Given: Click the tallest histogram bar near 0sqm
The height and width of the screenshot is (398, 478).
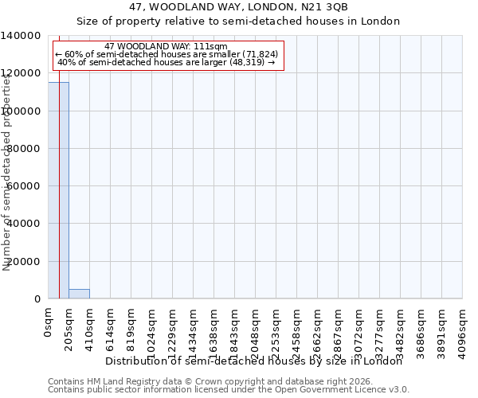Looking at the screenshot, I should pyautogui.click(x=58, y=191).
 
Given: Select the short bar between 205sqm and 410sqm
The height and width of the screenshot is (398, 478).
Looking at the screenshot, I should pyautogui.click(x=79, y=294).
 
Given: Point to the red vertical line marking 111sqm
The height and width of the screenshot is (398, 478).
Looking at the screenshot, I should pyautogui.click(x=59, y=159).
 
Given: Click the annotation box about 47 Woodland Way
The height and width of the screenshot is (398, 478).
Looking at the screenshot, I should pyautogui.click(x=167, y=55).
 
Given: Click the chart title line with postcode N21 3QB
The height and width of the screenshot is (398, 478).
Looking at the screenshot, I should pyautogui.click(x=238, y=7).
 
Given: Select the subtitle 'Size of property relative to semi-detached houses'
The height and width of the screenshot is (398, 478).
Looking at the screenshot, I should pyautogui.click(x=238, y=21).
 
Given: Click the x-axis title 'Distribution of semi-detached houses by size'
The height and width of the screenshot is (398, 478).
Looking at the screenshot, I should pyautogui.click(x=254, y=361).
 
